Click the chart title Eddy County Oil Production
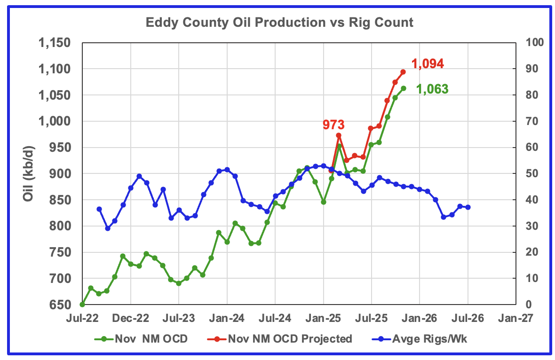(279, 22)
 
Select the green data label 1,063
(432, 89)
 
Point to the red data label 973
(333, 125)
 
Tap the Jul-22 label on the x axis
(82, 318)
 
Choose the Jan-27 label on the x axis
(516, 318)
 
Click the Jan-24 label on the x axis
(227, 318)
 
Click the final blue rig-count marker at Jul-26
(468, 207)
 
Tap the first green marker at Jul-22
(83, 305)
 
